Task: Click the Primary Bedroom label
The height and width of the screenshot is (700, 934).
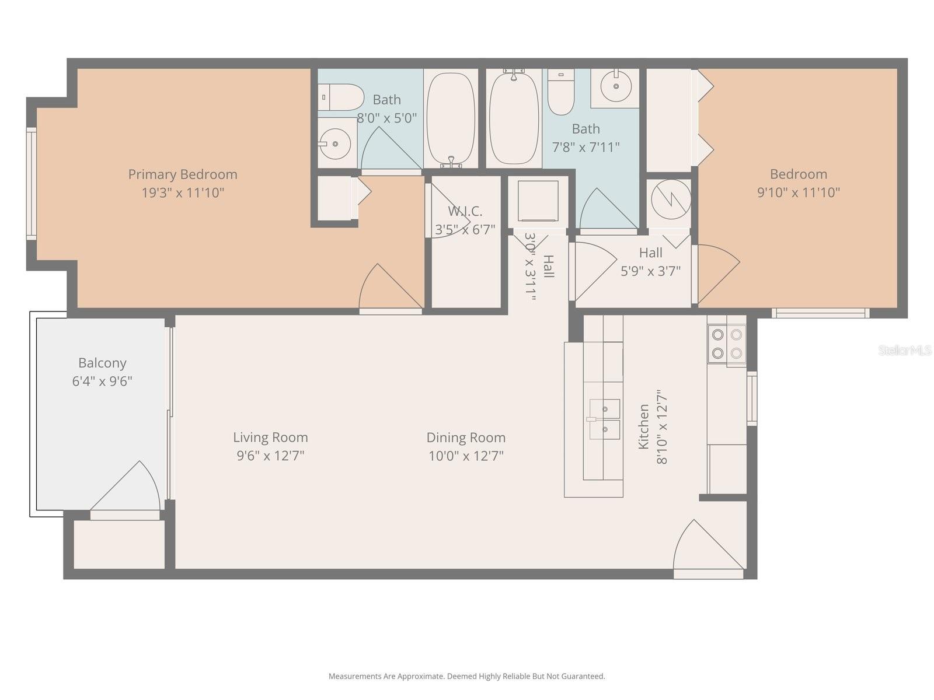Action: click(x=182, y=174)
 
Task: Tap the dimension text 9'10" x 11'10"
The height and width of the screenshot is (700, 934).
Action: click(x=798, y=192)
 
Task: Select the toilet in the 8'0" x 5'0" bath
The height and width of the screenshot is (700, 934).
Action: click(x=341, y=97)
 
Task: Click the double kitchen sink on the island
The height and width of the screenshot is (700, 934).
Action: click(x=604, y=419)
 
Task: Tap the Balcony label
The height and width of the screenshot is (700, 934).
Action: click(x=102, y=363)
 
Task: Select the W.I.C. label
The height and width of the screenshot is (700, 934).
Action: click(x=465, y=211)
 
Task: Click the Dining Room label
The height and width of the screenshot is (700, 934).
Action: click(x=466, y=437)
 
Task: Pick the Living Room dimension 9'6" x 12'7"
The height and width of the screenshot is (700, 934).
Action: click(x=270, y=456)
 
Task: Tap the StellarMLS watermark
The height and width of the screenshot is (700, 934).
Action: click(x=904, y=350)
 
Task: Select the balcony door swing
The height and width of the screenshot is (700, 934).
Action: click(x=128, y=490)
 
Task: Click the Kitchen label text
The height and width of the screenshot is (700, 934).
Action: click(x=643, y=426)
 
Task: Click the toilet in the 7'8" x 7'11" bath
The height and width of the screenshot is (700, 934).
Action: click(x=561, y=93)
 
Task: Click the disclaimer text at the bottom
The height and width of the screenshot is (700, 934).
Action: click(x=466, y=677)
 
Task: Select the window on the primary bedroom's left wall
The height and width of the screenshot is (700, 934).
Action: click(x=32, y=183)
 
